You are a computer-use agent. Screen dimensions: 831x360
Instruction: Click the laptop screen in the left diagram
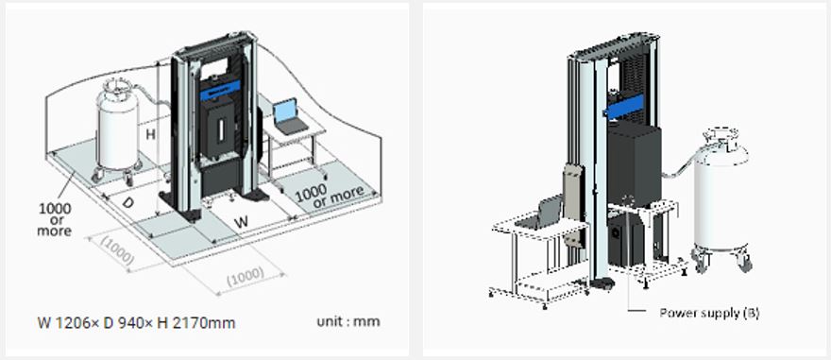tap(284, 111)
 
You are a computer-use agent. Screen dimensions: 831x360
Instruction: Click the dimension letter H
tap(150, 134)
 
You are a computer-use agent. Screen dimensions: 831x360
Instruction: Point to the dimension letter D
tap(127, 202)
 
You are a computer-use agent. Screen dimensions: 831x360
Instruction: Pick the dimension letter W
tap(241, 222)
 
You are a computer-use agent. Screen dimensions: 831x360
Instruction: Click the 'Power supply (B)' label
tap(709, 313)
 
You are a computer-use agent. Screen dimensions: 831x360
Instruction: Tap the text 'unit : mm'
tap(348, 321)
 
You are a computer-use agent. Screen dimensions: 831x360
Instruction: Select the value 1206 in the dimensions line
tap(69, 322)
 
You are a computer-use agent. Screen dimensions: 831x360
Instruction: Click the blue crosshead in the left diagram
tap(220, 91)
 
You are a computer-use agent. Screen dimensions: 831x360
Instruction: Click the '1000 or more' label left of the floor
tap(55, 219)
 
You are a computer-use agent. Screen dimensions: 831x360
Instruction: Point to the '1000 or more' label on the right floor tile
tap(330, 197)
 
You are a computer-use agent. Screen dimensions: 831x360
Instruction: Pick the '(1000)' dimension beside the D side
tap(115, 250)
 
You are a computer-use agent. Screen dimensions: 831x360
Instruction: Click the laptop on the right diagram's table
tap(538, 213)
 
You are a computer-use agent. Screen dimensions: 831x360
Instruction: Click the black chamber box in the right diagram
tap(634, 165)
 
